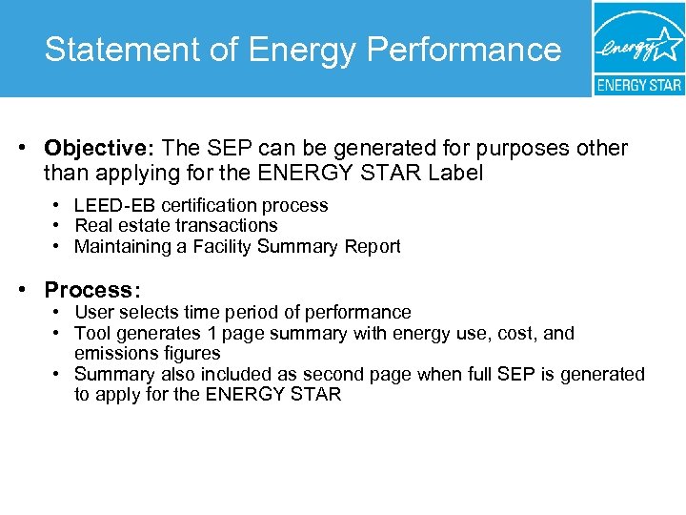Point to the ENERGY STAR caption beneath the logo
click(638, 85)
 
